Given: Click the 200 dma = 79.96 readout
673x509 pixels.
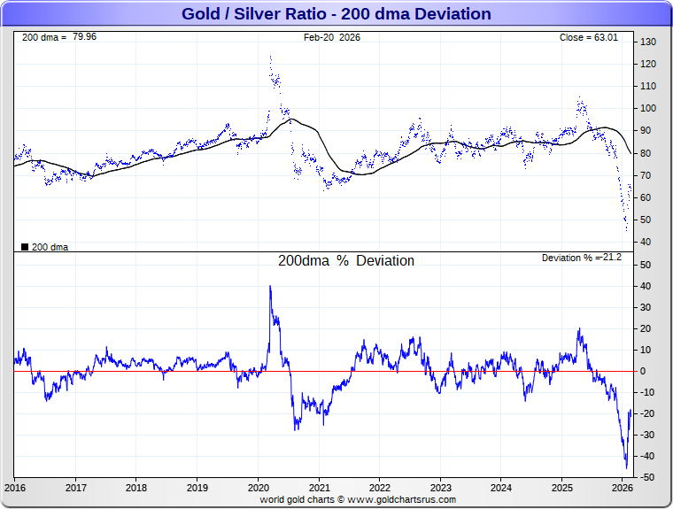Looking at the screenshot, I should click(59, 37).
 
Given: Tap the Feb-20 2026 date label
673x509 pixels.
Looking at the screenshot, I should click(332, 37).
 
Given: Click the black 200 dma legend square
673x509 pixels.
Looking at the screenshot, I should click(24, 247).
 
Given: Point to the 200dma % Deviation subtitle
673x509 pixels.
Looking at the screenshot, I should click(346, 261).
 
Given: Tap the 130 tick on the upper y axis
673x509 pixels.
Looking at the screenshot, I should click(648, 42).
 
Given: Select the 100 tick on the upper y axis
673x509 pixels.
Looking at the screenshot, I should click(648, 108).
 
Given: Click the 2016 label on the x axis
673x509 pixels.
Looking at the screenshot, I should click(15, 488).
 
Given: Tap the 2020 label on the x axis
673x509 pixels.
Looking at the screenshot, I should click(258, 488).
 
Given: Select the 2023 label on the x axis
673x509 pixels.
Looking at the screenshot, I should click(440, 488).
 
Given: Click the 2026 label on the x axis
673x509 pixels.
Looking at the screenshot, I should click(623, 488).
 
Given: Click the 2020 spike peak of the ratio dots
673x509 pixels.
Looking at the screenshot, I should click(270, 57).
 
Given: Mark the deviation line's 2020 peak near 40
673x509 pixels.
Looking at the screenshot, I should click(270, 286).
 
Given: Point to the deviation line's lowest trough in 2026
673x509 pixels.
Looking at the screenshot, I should click(626, 467).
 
